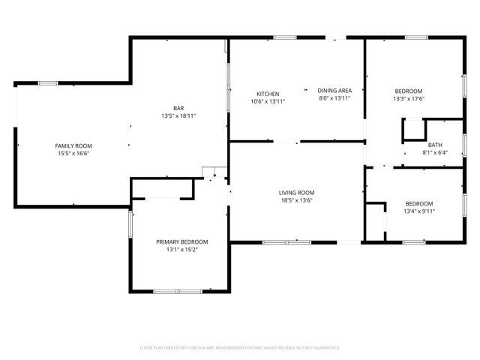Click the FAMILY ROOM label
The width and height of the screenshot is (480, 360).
tap(73, 145)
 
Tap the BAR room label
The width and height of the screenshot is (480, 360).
tap(178, 108)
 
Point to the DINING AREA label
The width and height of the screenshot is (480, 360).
tap(334, 91)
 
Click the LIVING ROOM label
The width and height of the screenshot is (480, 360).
tap(296, 193)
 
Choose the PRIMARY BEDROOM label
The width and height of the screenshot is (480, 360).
tap(181, 241)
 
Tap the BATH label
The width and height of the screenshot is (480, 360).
tap(435, 145)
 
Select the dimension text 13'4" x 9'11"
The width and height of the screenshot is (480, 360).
tap(419, 211)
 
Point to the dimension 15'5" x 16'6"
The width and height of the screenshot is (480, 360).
tap(73, 153)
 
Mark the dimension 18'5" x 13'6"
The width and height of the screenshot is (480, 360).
tap(296, 200)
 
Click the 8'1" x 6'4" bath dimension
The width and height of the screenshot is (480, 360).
tap(435, 152)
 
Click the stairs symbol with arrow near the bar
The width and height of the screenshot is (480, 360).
tap(214, 173)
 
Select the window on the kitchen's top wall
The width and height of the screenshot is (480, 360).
tap(284, 37)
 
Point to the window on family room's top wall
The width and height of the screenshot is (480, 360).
tap(48, 82)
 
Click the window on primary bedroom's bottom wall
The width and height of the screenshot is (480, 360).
tap(178, 290)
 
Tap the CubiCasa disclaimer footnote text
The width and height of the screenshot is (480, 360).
tap(240, 348)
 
